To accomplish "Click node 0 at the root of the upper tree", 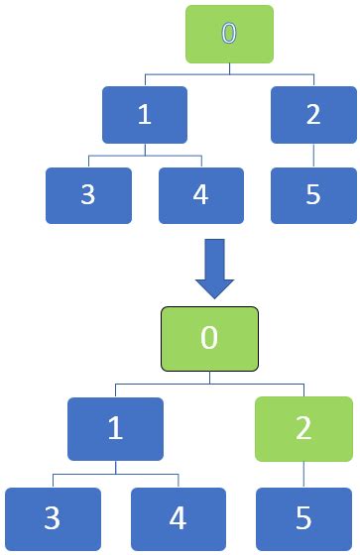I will point(229,34).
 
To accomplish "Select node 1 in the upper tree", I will point(145,114).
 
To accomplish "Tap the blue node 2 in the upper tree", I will point(313,114).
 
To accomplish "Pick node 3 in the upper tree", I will point(88,194).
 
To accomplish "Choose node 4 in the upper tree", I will point(200,194).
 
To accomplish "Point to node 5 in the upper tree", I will point(313,194).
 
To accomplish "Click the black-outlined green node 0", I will point(209,337).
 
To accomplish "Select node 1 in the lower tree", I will point(115,428).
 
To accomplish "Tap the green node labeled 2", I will point(303,428).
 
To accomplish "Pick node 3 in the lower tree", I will point(54,518).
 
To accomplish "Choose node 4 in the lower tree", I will point(179,518).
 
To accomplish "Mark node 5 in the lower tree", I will point(303,518).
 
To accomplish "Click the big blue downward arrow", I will point(214,270).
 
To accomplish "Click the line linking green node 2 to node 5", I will point(303,474).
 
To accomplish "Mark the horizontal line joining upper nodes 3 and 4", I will point(145,156).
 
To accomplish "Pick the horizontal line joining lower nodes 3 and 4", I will point(116,475).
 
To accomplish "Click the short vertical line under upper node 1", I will point(145,149).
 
